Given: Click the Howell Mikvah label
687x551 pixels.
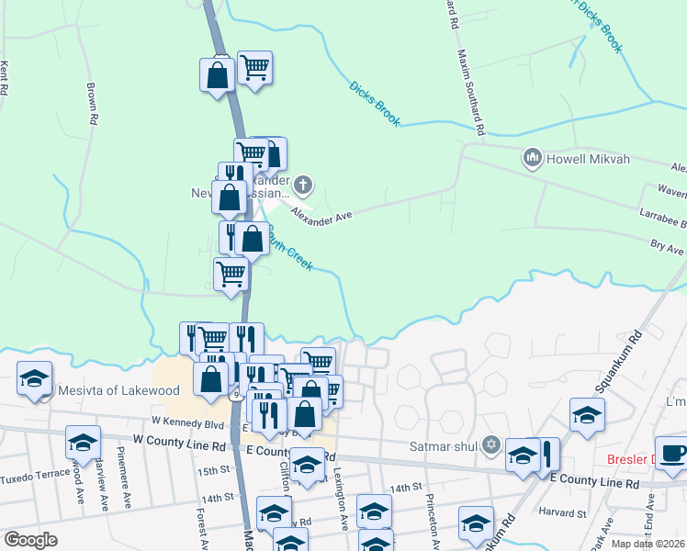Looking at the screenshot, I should (x=589, y=159).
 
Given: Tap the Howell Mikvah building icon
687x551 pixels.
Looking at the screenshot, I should (x=532, y=159).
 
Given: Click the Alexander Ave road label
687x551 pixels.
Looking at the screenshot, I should (x=321, y=214).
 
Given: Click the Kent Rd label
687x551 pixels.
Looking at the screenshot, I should (x=5, y=79).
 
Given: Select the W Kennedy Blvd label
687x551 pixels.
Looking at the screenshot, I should (x=187, y=423).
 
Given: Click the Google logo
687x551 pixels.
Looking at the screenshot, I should (x=31, y=540).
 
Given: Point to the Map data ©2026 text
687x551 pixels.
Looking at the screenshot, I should (x=648, y=544).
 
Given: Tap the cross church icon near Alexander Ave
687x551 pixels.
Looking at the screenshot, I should (x=304, y=187).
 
